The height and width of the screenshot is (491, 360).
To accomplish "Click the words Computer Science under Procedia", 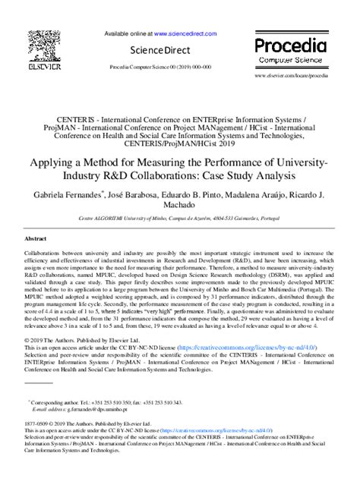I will pos(292,59).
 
